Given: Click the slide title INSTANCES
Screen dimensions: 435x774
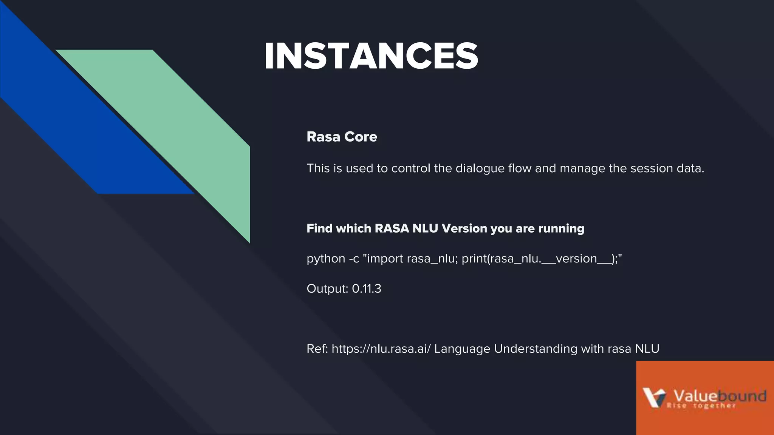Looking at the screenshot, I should (371, 56).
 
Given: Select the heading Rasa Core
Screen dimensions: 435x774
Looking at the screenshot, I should (342, 137).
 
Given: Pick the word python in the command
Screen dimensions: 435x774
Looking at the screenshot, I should (325, 259).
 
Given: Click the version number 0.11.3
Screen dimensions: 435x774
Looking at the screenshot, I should (367, 289).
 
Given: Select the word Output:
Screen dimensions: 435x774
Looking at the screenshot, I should (327, 289).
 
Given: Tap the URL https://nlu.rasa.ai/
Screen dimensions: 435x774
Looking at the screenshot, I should (381, 349).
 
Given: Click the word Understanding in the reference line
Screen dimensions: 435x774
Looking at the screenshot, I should (536, 349).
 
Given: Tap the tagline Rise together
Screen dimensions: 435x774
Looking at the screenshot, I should (701, 406).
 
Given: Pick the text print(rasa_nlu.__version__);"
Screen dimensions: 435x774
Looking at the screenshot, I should (542, 259).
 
